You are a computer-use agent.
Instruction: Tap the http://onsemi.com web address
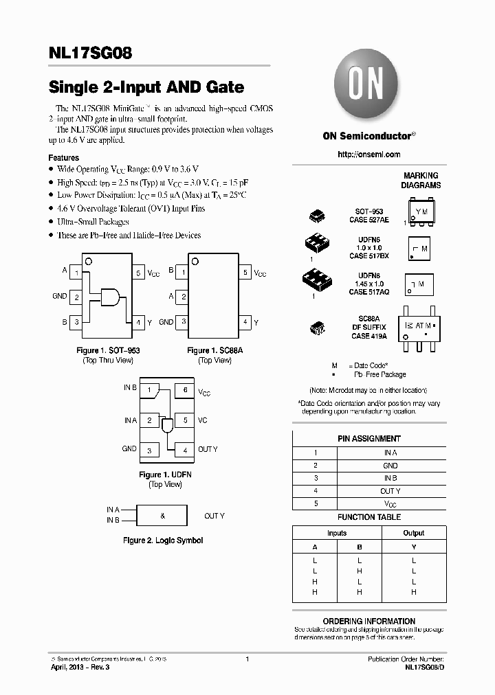[x=368, y=155]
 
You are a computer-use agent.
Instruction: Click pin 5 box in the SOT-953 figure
[x=138, y=273]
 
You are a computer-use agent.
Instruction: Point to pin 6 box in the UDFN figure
[x=184, y=390]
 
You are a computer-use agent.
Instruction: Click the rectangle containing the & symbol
[x=162, y=515]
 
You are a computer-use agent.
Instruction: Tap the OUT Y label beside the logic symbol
[x=214, y=516]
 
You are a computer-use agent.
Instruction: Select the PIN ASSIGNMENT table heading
[x=368, y=438]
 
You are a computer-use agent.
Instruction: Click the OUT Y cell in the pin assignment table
[x=390, y=491]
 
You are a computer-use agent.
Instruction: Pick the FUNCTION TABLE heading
[x=368, y=517]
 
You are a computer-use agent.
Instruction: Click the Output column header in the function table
[x=413, y=533]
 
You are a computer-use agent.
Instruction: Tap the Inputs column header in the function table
[x=337, y=533]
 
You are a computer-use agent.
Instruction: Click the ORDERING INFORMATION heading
[x=368, y=621]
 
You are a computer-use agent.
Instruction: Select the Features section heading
[x=63, y=157]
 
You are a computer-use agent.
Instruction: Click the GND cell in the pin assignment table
[x=390, y=466]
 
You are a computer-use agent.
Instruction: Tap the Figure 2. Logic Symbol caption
[x=162, y=540]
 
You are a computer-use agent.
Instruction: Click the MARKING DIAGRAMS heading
[x=421, y=181]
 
